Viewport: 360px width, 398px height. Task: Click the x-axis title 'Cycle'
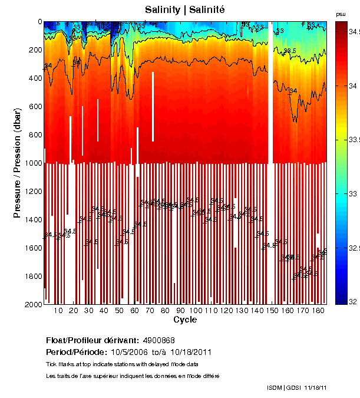185,320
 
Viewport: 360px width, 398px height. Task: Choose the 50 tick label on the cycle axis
119,311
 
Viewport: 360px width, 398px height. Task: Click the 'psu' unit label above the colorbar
341,14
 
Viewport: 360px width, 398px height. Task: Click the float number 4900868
158,340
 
